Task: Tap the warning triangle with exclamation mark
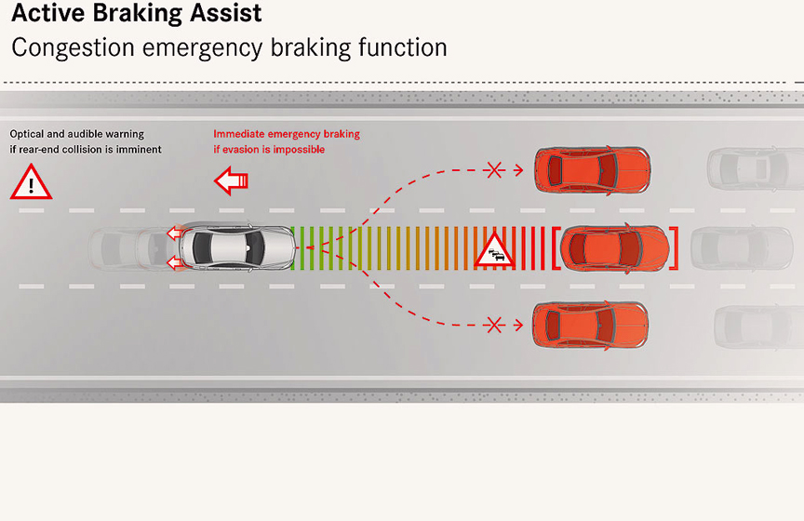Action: (x=31, y=181)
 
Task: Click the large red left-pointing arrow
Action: (x=231, y=180)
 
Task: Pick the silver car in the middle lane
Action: (x=238, y=247)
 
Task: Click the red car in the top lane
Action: (x=591, y=169)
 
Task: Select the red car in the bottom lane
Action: (x=590, y=325)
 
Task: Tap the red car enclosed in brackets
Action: (x=615, y=247)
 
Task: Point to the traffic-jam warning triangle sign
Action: (x=495, y=250)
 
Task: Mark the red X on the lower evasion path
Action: (x=494, y=325)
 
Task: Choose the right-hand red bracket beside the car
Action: (x=675, y=247)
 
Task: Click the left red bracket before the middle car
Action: (x=556, y=247)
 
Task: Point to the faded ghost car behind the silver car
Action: (x=126, y=247)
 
